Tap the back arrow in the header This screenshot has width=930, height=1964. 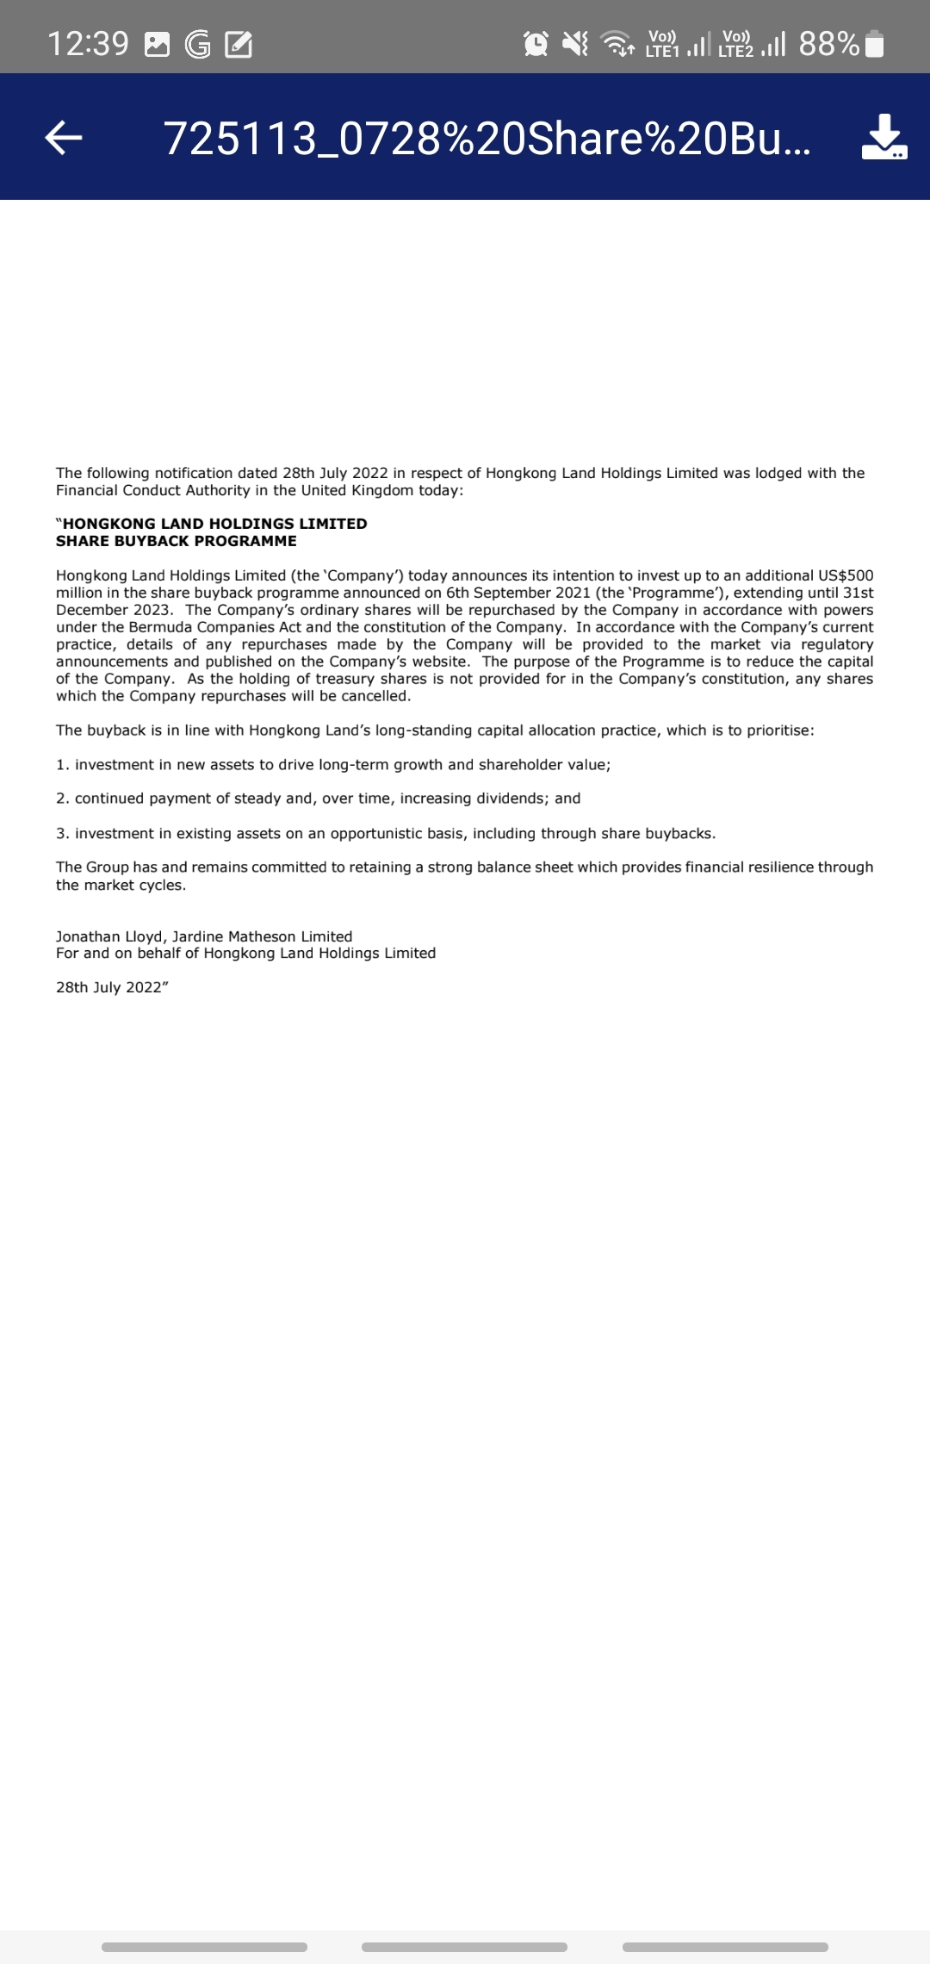tap(64, 137)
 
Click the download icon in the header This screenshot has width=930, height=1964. tap(884, 137)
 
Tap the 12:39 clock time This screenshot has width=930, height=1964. tap(88, 43)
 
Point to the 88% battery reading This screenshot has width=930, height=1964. tap(828, 43)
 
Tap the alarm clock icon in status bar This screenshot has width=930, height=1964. tap(536, 43)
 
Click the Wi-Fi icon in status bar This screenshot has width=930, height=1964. tap(616, 43)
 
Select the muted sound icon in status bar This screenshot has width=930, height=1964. tap(575, 43)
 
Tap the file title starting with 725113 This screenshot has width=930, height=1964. tap(487, 138)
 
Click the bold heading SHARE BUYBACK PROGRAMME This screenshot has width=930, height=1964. tap(177, 541)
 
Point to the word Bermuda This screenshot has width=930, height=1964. tap(160, 627)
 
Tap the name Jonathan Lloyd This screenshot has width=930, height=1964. tap(109, 936)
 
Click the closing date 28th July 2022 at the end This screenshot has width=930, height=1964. tap(110, 987)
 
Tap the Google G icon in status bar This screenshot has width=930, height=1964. tap(198, 44)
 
